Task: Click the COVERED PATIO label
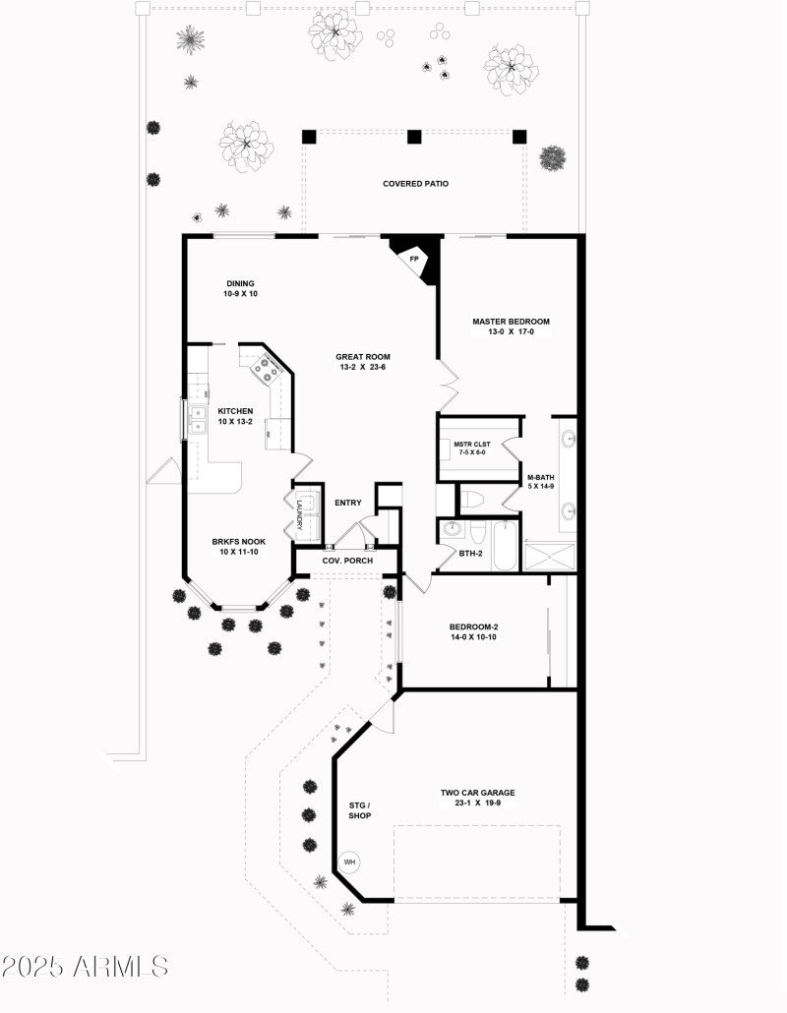pyautogui.click(x=415, y=184)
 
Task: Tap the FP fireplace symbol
pyautogui.click(x=414, y=259)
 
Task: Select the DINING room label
pyautogui.click(x=240, y=289)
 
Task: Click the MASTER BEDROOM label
pyautogui.click(x=511, y=327)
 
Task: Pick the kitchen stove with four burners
pyautogui.click(x=268, y=370)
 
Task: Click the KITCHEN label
pyautogui.click(x=235, y=417)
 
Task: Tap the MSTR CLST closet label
pyautogui.click(x=471, y=448)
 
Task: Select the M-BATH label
pyautogui.click(x=542, y=482)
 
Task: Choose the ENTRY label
pyautogui.click(x=348, y=503)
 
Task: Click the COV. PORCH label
pyautogui.click(x=347, y=562)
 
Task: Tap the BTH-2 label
pyautogui.click(x=472, y=553)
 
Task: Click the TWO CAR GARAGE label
pyautogui.click(x=477, y=798)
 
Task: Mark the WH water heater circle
pyautogui.click(x=349, y=863)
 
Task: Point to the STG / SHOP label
pyautogui.click(x=359, y=809)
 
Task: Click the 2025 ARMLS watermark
pyautogui.click(x=85, y=967)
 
